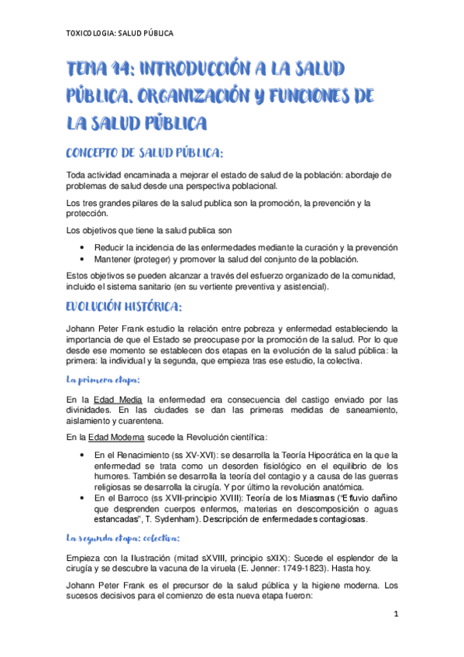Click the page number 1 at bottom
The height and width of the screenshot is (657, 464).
coord(394,615)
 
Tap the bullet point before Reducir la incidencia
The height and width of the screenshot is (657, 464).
coord(82,246)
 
